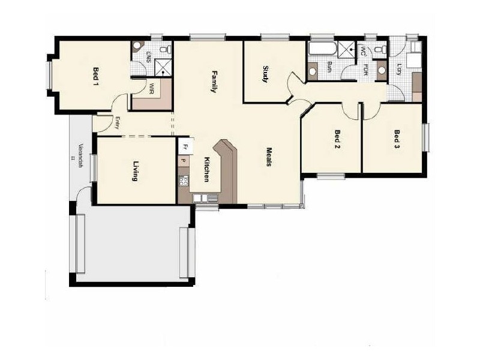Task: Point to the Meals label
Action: coord(270,157)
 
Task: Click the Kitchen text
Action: coord(206,169)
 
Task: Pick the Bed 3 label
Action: coord(397,139)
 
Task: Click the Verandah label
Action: coord(79,153)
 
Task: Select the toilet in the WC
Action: coord(378,49)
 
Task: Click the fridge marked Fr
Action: coord(185,146)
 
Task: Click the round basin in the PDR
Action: coord(382,71)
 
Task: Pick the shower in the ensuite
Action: coord(165,66)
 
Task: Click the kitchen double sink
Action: coord(206,197)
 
